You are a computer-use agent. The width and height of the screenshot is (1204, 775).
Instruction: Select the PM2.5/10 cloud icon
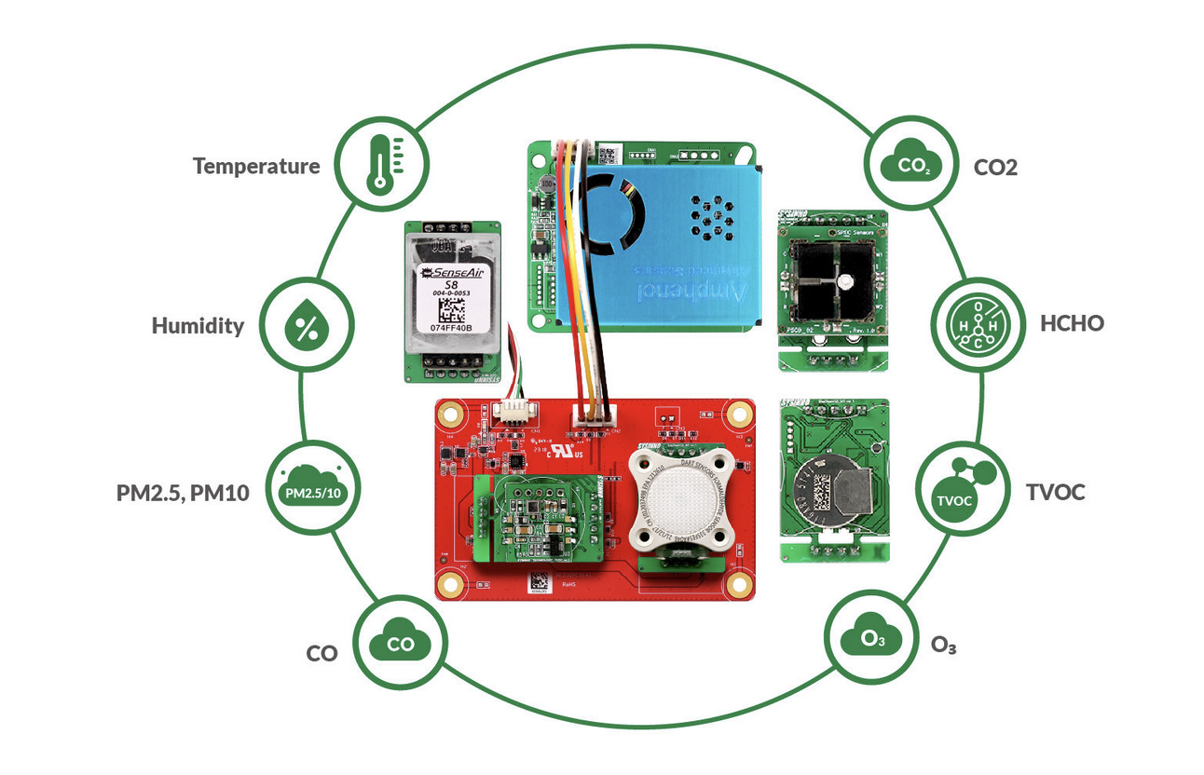(x=314, y=491)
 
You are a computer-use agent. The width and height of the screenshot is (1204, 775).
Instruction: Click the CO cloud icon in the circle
(x=401, y=643)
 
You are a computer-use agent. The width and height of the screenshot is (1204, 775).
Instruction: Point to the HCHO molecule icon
(x=975, y=323)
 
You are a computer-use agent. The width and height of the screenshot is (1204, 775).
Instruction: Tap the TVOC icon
(x=963, y=491)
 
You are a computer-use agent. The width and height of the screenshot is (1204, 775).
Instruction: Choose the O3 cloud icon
(x=869, y=639)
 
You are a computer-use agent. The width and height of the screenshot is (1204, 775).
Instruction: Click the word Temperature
(x=256, y=167)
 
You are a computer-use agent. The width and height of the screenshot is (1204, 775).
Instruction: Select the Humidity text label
(x=198, y=326)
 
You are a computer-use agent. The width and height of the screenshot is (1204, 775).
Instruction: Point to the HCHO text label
(x=1072, y=324)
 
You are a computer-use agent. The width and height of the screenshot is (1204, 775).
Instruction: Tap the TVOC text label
(x=1056, y=492)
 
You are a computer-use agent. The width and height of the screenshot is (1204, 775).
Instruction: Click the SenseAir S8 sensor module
(x=452, y=299)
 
